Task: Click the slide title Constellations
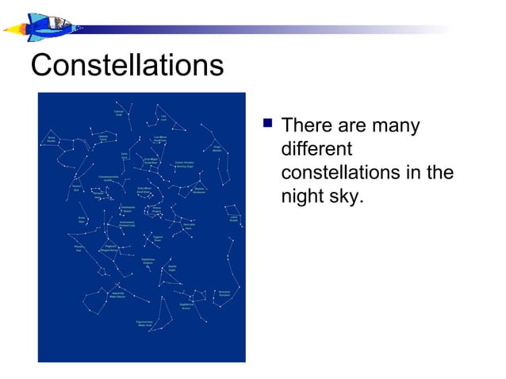[127, 65]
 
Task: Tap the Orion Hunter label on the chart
[51, 140]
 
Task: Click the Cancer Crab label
[117, 114]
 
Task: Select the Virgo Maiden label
[217, 148]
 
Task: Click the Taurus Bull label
[76, 188]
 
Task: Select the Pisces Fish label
[79, 249]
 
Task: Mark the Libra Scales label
[234, 218]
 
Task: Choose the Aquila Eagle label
[172, 269]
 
